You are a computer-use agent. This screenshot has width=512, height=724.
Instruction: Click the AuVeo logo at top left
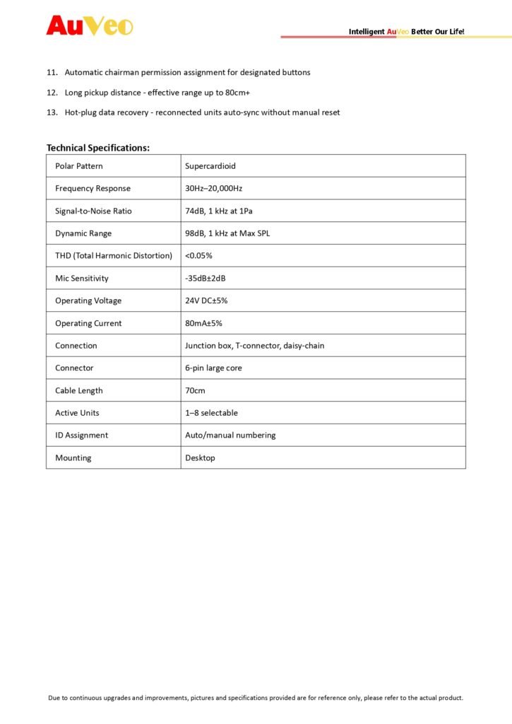point(89,25)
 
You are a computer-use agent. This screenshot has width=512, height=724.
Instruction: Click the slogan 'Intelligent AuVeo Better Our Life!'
point(406,32)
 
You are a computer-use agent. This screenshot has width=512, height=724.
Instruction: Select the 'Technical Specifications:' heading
point(98,148)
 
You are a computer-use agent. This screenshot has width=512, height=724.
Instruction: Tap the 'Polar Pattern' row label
point(79,166)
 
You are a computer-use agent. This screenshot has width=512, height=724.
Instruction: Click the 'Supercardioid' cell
point(210,166)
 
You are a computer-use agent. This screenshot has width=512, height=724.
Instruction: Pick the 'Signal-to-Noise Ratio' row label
point(93,211)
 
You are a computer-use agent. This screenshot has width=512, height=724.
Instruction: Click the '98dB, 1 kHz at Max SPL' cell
point(227,233)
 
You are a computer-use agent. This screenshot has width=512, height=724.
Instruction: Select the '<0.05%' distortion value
point(198,256)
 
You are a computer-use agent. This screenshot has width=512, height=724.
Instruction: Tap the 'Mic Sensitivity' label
point(82,279)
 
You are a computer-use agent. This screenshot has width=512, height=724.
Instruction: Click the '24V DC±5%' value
point(206,300)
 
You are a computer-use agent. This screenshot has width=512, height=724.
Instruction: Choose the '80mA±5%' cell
point(203,323)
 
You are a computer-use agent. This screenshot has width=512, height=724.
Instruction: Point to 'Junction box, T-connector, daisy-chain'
point(255,346)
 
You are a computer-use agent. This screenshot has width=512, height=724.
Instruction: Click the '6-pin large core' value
point(213,368)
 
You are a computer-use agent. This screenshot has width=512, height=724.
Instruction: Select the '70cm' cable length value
point(195,390)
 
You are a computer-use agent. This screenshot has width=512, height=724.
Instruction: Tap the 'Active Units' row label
point(77,413)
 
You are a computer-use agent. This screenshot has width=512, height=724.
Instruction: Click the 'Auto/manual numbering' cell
point(230,436)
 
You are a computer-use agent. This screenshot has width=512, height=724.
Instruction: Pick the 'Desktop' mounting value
point(200,458)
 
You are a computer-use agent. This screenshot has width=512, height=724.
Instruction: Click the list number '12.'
point(52,93)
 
